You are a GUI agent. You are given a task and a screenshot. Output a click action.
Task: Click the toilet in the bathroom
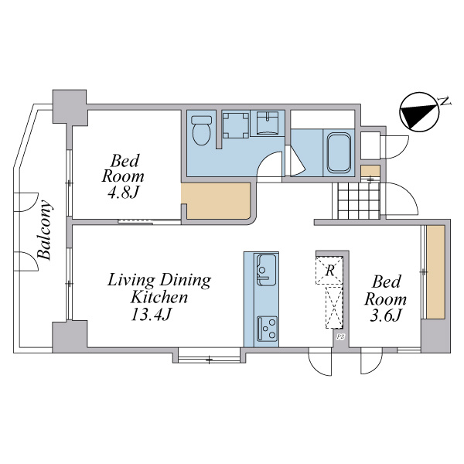tap(201, 130)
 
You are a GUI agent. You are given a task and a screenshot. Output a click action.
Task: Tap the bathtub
tap(339, 152)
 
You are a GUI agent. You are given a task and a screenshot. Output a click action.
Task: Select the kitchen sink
tap(266, 270)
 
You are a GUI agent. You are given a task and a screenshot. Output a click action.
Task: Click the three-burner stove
tap(268, 329)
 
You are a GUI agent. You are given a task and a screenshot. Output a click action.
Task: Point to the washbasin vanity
tap(268, 123)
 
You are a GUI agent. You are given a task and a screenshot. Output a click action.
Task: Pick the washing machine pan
tap(235, 125)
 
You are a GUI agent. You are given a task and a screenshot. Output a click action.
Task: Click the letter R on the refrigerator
tap(329, 270)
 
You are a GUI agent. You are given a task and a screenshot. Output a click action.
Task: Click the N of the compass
tap(445, 101)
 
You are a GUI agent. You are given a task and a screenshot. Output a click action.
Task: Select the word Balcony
tap(45, 230)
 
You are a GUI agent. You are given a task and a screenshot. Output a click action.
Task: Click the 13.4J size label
tap(151, 314)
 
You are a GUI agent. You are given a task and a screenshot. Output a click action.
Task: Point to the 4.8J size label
tap(123, 193)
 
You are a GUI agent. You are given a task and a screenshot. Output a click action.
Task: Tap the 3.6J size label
tap(385, 316)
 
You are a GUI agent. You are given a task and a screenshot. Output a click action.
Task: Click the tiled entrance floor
tap(359, 200)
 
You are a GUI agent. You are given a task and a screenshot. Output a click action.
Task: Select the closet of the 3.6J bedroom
tap(435, 272)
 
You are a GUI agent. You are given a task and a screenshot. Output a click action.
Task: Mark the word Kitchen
tap(159, 297)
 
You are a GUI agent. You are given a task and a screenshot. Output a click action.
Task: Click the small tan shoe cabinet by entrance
tap(370, 171)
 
